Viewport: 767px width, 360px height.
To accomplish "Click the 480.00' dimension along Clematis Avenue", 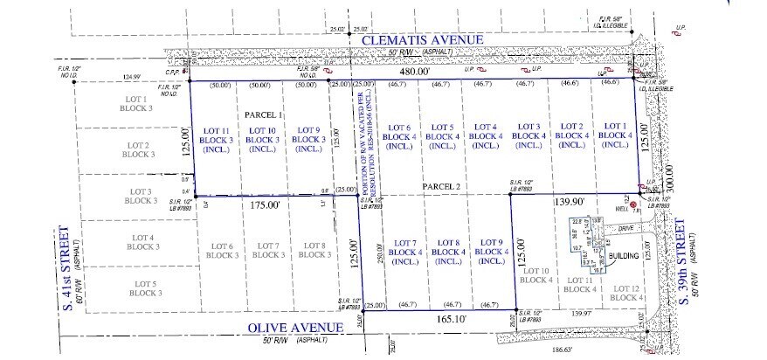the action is [413, 75].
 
